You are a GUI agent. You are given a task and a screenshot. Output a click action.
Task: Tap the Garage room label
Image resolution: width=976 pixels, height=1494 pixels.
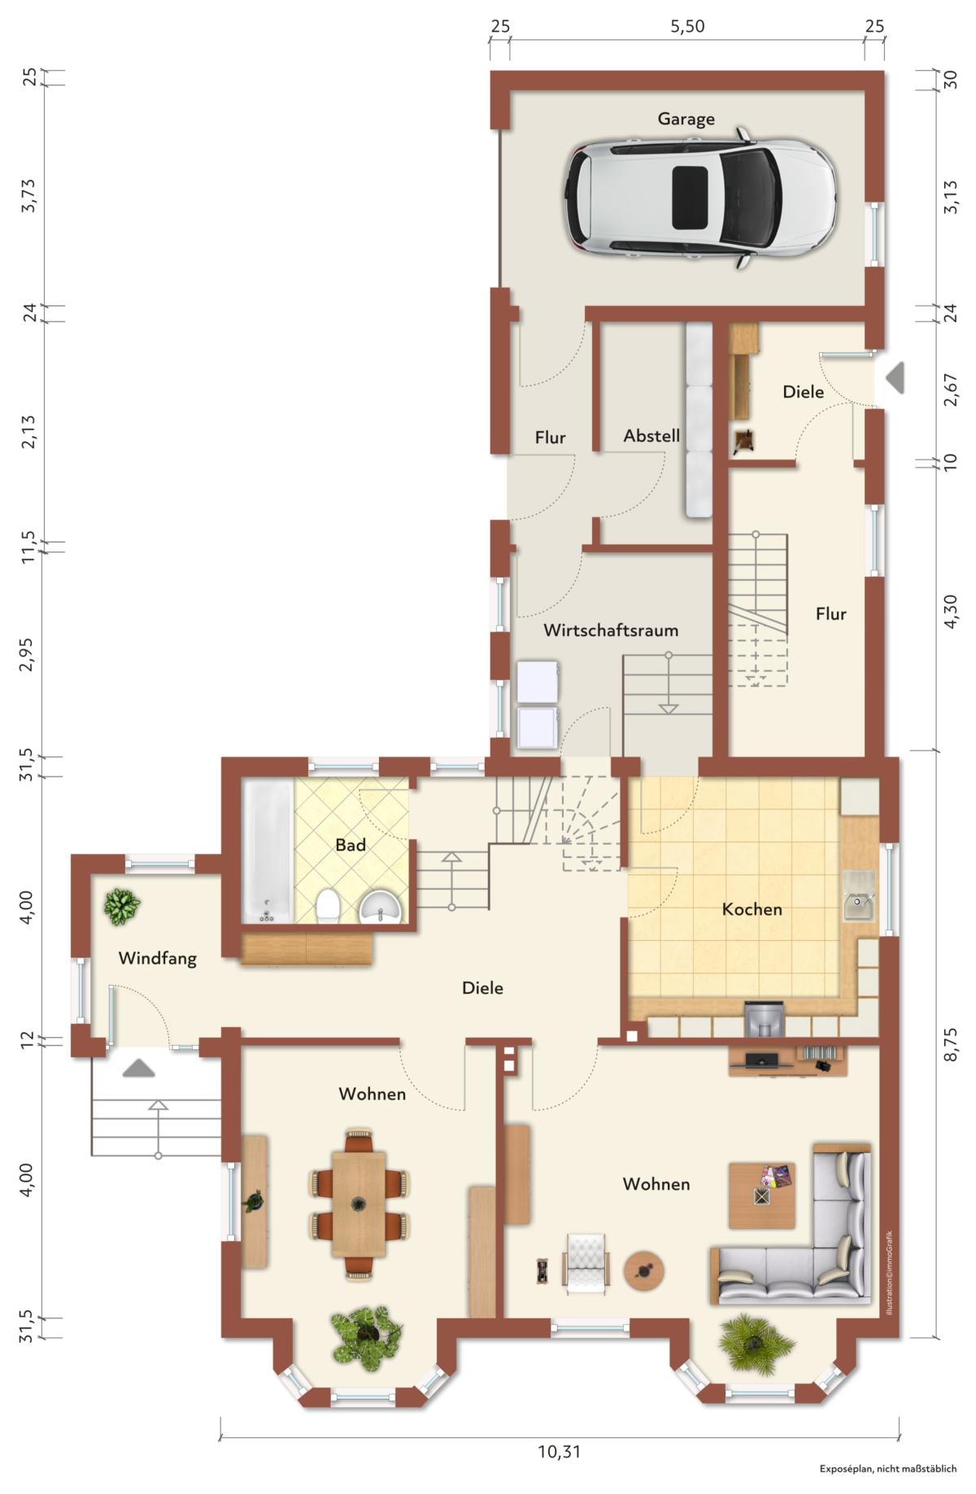pyautogui.click(x=686, y=119)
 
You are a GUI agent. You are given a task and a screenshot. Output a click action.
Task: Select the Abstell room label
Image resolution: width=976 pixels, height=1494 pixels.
pyautogui.click(x=651, y=435)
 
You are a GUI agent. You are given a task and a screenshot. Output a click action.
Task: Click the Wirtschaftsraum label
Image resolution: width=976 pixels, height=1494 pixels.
pyautogui.click(x=611, y=629)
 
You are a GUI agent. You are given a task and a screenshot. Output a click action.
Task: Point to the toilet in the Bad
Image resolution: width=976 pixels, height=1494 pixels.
pyautogui.click(x=328, y=906)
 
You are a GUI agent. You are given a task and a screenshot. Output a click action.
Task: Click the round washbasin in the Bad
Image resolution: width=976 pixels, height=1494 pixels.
pyautogui.click(x=380, y=906)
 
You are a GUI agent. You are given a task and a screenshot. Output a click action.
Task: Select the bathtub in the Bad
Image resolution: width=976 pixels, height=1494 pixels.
pyautogui.click(x=267, y=852)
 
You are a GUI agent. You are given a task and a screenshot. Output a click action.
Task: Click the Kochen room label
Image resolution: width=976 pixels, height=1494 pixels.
pyautogui.click(x=752, y=908)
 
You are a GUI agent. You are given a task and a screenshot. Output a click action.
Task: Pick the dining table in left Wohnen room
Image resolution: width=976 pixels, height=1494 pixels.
pyautogui.click(x=358, y=1204)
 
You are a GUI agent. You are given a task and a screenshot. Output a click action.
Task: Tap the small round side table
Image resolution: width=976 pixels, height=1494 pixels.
pyautogui.click(x=644, y=1270)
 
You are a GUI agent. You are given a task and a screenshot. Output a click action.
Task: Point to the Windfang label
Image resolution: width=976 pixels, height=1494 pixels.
pyautogui.click(x=158, y=958)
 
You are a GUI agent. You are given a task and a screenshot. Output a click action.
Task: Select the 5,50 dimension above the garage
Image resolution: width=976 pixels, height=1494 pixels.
pyautogui.click(x=687, y=27)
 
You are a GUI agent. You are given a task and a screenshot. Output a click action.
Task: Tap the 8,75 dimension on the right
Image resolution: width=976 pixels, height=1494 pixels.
pyautogui.click(x=950, y=1044)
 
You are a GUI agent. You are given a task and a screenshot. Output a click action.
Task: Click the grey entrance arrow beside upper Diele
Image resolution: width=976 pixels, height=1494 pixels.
pyautogui.click(x=895, y=377)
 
